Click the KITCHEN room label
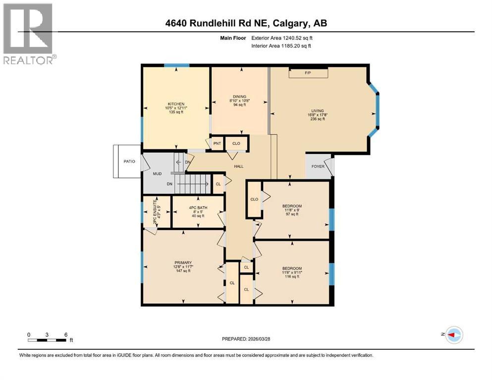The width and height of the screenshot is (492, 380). (176, 104)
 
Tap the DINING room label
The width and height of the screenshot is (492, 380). (239, 96)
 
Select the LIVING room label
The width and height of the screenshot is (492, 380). (317, 111)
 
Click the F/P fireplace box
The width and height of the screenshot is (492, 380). (308, 73)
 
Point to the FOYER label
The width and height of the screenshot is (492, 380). (318, 167)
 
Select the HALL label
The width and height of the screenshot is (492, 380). (239, 167)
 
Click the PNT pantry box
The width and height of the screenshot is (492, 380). (217, 143)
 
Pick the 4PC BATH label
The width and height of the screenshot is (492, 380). (196, 208)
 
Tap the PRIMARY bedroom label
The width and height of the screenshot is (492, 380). (182, 263)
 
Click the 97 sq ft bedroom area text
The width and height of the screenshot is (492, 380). (292, 214)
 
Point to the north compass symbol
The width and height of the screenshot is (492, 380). (452, 335)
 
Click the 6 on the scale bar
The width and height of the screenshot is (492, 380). (65, 334)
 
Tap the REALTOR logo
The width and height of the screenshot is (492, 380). (29, 33)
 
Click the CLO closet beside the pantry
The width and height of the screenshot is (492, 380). (236, 143)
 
